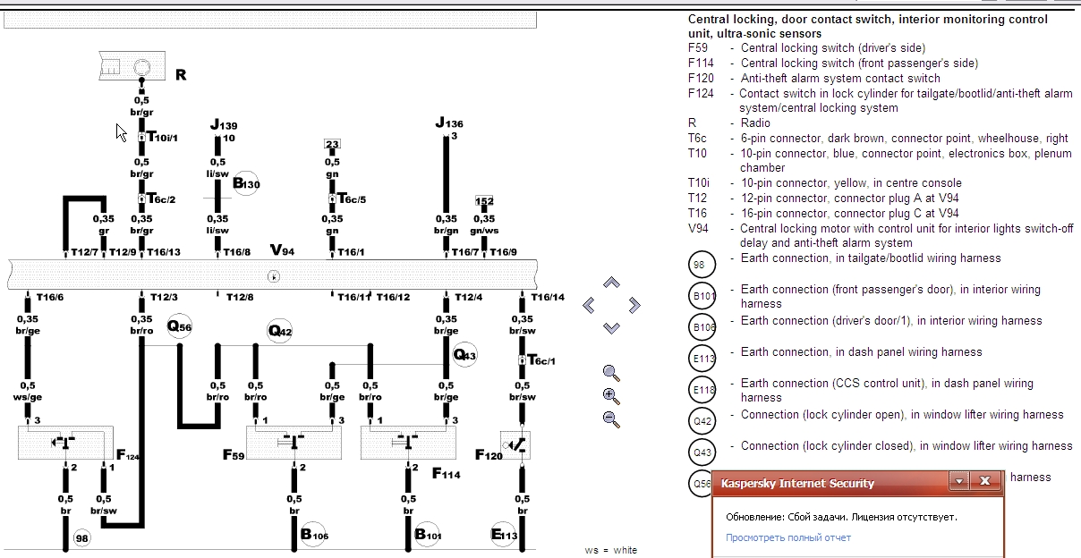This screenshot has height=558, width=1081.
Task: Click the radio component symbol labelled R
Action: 131,66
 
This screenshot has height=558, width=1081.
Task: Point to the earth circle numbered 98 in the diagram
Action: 82,538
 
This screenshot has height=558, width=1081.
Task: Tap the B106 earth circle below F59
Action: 313,536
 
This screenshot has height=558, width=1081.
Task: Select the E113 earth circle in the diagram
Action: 504,536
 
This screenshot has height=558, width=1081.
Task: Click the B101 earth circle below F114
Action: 428,536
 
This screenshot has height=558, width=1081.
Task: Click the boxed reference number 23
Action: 332,145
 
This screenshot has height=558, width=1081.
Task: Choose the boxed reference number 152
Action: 484,201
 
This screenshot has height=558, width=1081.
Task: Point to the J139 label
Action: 224,126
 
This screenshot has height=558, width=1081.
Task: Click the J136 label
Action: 449,123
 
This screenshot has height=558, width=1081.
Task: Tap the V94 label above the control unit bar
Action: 282,250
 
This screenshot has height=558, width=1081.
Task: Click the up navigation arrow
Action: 611,283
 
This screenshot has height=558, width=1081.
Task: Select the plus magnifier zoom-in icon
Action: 611,396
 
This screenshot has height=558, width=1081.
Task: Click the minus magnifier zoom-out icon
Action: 611,418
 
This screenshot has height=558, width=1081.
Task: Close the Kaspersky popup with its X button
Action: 984,482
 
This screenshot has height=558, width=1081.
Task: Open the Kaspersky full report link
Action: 788,537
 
